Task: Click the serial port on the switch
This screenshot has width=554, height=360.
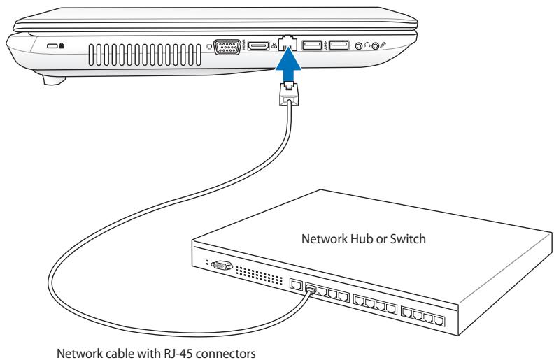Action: (x=222, y=266)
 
